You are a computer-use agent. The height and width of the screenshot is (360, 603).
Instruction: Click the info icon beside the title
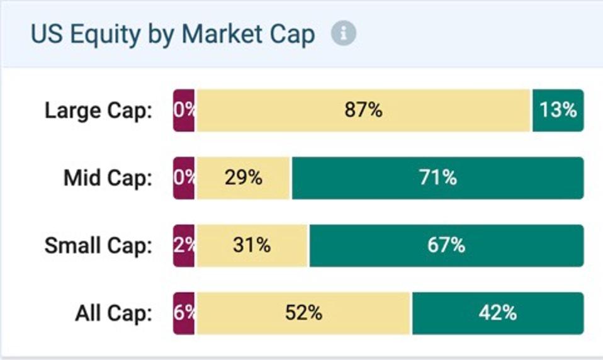[x=343, y=34]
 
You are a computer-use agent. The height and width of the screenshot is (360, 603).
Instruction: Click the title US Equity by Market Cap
[x=172, y=34]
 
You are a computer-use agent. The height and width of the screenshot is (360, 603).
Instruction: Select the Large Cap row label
[x=98, y=111]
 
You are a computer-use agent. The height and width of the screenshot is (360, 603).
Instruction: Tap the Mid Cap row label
[x=108, y=178]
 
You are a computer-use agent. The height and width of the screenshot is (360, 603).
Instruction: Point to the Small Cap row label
[x=98, y=245]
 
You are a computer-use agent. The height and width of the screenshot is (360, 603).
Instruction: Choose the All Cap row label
[x=113, y=313]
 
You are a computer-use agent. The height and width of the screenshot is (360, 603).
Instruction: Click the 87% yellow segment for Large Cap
[x=363, y=111]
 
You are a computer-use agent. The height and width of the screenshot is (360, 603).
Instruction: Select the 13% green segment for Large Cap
[x=558, y=111]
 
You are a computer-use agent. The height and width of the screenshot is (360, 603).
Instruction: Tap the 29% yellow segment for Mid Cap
[x=243, y=178]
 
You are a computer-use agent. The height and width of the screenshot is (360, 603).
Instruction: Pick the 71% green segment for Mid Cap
[x=437, y=178]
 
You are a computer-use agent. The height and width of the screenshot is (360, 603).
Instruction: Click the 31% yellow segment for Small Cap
[x=252, y=245]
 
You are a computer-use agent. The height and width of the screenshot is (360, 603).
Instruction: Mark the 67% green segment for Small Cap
[x=446, y=245]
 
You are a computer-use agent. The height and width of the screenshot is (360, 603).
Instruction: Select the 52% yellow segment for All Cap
[x=303, y=313]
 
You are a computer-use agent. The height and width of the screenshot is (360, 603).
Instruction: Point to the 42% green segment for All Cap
[x=497, y=313]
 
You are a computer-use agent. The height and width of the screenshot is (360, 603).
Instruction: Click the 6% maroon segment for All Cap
[x=184, y=313]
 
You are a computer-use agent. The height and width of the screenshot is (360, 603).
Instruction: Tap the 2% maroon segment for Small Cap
[x=184, y=245]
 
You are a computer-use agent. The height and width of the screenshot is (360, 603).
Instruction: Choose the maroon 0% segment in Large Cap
[x=184, y=111]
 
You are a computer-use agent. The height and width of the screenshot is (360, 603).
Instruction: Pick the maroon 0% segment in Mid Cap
[x=184, y=178]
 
